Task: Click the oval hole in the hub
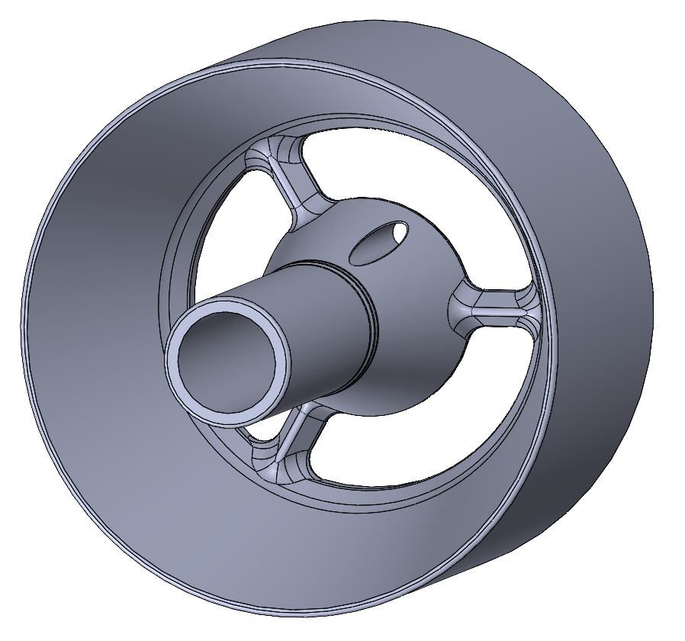click(x=379, y=242)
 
